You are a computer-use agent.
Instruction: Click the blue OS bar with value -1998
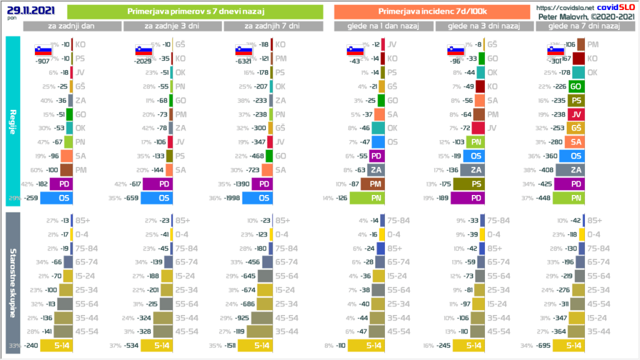(x=257, y=198)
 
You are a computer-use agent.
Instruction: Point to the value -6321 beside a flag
(x=246, y=61)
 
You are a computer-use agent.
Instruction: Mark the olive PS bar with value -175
(x=475, y=184)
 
